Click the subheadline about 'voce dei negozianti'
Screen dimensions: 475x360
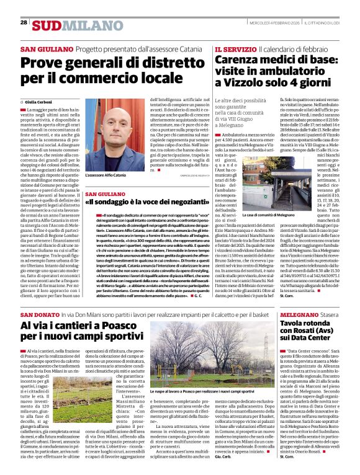140,202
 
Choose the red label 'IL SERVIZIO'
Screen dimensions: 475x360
235,48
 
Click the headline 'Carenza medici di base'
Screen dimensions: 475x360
276,60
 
